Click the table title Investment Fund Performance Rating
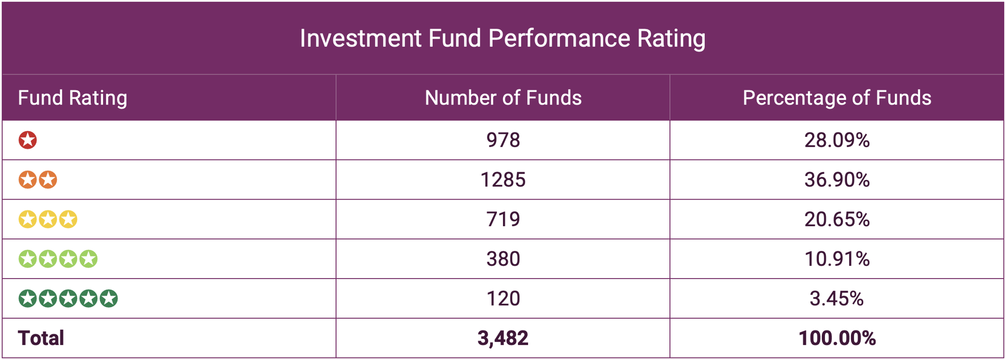pos(502,38)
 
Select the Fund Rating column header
pos(72,98)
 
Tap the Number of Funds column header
pos(503,98)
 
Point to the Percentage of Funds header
pos(836,98)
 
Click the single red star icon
pos(28,140)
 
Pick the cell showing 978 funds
pos(503,140)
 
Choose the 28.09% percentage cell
pos(836,140)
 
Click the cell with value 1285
pos(503,179)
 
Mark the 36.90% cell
pos(836,179)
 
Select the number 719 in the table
pos(503,219)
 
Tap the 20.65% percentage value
pos(836,219)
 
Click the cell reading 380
pos(503,259)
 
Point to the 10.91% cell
pos(836,259)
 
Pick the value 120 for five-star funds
pos(503,299)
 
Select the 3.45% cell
pos(836,299)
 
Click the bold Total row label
pos(41,338)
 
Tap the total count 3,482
pos(503,338)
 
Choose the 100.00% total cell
pos(836,338)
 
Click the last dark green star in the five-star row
pos(108,299)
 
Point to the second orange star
pos(48,179)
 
